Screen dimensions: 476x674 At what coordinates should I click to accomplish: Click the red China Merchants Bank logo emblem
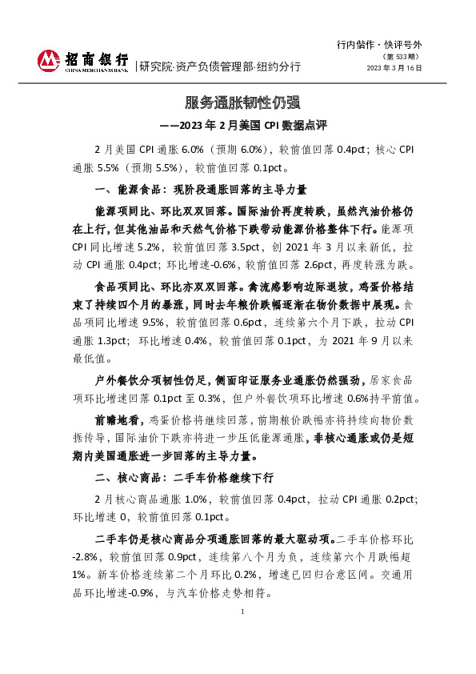(x=49, y=59)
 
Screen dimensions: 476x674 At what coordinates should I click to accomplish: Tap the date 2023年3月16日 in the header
(x=394, y=69)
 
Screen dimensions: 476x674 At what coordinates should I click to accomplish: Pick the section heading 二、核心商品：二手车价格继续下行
(x=184, y=478)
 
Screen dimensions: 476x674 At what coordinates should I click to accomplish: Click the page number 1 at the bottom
(x=242, y=612)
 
